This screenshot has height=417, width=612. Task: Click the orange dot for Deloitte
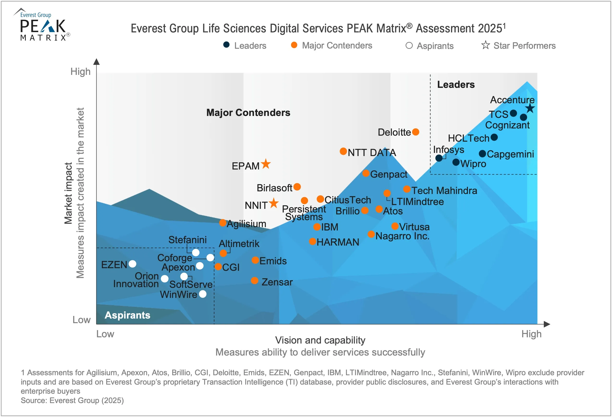coord(416,132)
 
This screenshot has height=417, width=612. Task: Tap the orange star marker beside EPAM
coord(266,164)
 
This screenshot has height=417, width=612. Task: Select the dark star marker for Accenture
coord(530,108)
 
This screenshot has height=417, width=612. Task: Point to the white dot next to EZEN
coord(132,264)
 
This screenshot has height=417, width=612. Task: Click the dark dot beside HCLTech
coord(494,137)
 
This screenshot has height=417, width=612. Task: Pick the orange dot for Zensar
coord(254,281)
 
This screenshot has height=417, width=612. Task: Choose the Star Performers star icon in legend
coord(485,45)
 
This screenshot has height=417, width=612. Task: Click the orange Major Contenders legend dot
coord(294,45)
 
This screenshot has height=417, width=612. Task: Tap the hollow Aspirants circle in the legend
coord(409,46)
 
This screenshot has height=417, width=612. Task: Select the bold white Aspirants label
coord(128,315)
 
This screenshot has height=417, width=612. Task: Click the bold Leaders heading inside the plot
coord(456,85)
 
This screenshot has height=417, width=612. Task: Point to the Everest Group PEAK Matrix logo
coord(42,25)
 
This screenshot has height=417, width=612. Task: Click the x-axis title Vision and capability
coord(320,340)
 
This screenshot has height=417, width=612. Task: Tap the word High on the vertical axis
coord(80,72)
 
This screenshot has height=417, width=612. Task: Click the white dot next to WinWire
coord(203,294)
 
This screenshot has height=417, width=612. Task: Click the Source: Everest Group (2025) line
coord(72,400)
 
